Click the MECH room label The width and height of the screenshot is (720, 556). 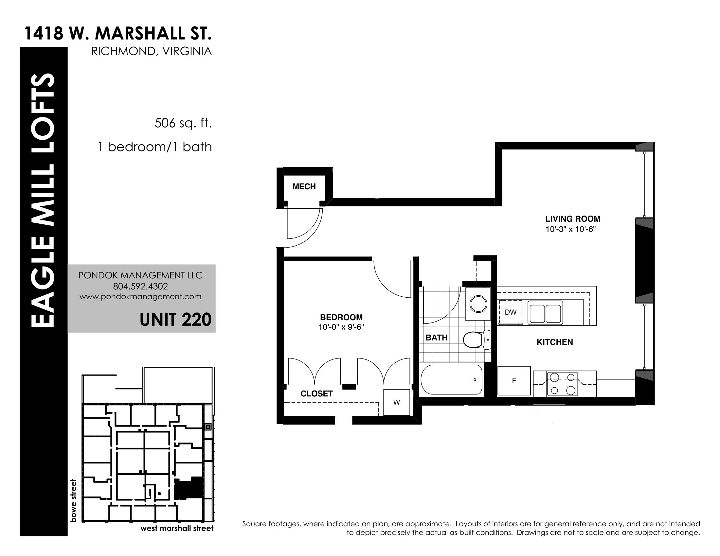click(x=304, y=186)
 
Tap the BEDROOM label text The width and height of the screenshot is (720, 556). click(x=341, y=317)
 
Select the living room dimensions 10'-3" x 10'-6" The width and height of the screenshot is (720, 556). click(x=571, y=229)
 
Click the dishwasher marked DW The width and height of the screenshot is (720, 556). click(x=510, y=312)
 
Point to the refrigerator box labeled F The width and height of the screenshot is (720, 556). click(x=514, y=380)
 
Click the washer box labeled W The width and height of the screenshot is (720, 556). click(x=397, y=402)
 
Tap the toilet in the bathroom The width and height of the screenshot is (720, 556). click(x=477, y=339)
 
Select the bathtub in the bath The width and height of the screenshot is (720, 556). click(x=452, y=379)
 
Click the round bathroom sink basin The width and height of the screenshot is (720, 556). click(x=478, y=304)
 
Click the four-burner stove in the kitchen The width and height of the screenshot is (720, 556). click(x=562, y=384)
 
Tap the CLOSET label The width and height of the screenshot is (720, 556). click(x=316, y=393)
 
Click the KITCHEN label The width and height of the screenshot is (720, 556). click(x=555, y=342)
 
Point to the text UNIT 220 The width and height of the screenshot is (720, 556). click(x=175, y=320)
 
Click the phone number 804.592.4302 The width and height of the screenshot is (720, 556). click(x=140, y=286)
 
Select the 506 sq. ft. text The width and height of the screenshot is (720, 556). click(x=183, y=123)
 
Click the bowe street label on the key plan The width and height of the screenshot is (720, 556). click(x=73, y=500)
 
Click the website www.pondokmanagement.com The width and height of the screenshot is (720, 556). click(x=140, y=296)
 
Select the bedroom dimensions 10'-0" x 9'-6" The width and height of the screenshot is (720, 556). click(x=341, y=327)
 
